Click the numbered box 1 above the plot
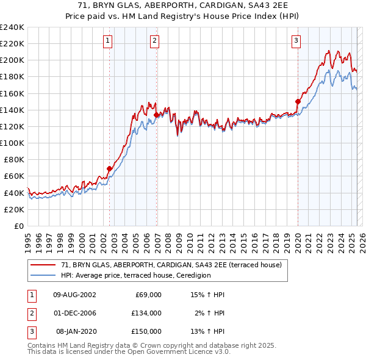coord(107,41)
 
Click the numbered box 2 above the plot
coord(155,41)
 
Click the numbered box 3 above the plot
coord(296,41)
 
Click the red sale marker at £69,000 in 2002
coord(110,168)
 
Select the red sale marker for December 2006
coord(157,115)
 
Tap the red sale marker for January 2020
coord(298,101)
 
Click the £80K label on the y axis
coord(13,159)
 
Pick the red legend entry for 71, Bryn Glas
coord(171,265)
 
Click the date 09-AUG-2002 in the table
coord(74,295)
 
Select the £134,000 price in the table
coord(146,313)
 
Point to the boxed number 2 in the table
coord(31,313)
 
